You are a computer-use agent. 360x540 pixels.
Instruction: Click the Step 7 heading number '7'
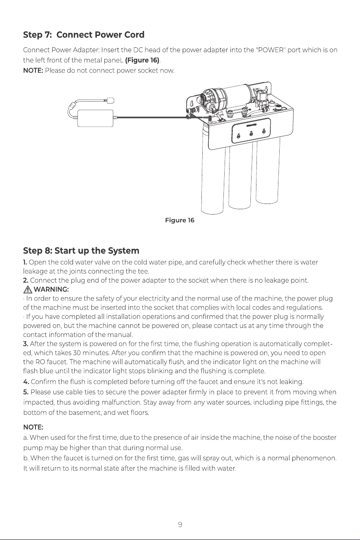click(x=47, y=35)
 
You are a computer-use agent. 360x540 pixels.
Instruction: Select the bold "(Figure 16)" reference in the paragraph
click(x=142, y=60)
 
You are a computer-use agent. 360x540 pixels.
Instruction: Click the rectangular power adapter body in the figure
click(x=95, y=118)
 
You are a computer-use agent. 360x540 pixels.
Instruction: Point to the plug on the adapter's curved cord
click(x=110, y=100)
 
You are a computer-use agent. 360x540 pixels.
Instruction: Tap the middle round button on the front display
click(x=251, y=134)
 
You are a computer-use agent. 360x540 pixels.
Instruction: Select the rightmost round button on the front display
click(x=264, y=131)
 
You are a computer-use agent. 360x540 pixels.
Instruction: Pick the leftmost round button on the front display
click(x=239, y=137)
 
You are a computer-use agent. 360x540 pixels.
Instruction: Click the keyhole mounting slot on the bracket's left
click(x=191, y=103)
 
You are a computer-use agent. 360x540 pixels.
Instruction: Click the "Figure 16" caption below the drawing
click(x=180, y=220)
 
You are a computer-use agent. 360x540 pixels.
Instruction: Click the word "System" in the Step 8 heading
click(x=124, y=251)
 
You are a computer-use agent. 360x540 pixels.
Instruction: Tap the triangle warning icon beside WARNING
click(x=28, y=289)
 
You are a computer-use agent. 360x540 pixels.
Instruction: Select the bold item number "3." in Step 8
click(x=26, y=344)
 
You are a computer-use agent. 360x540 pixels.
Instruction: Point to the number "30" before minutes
click(x=77, y=353)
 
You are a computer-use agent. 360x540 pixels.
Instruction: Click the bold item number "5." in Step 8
click(x=26, y=392)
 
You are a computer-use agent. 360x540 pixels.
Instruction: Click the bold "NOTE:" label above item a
click(x=33, y=427)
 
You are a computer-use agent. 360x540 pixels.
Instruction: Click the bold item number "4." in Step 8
click(x=26, y=382)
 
